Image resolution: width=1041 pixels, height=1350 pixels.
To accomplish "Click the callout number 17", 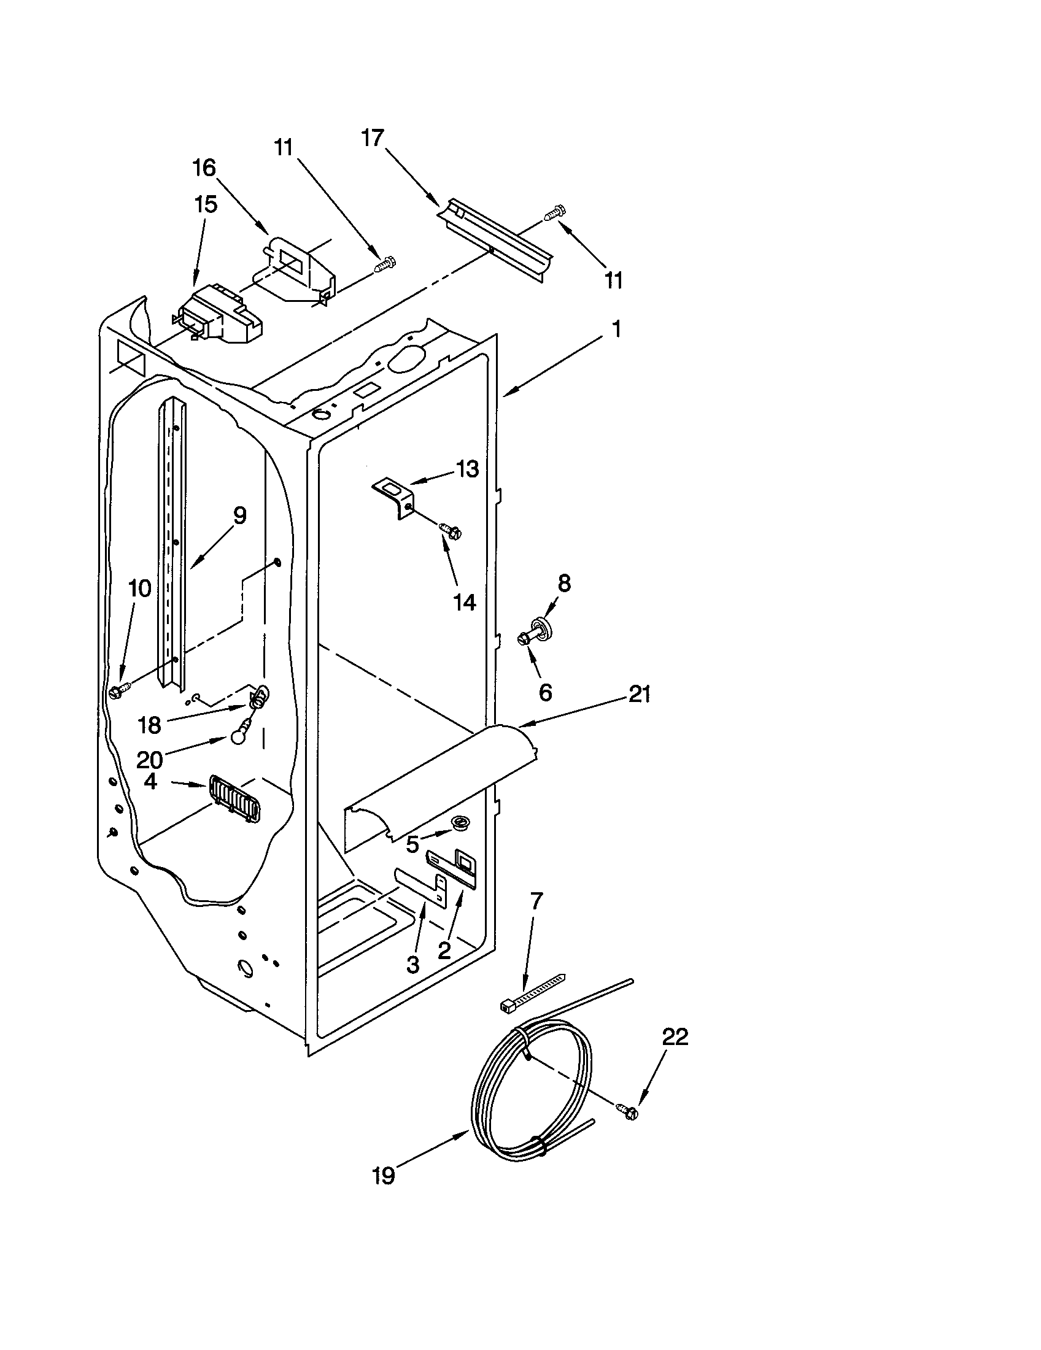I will [x=373, y=139].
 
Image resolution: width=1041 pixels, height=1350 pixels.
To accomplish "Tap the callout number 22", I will [x=675, y=1036].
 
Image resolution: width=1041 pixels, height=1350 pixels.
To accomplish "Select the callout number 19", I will [x=383, y=1175].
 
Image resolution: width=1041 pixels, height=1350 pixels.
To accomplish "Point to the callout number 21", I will [x=639, y=695].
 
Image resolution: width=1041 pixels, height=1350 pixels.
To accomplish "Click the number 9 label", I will [x=239, y=515].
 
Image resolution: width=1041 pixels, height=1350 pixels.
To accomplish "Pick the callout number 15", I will [x=206, y=204].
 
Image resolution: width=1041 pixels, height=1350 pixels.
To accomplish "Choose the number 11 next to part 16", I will [x=284, y=148].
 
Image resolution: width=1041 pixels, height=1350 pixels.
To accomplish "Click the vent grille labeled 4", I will [x=234, y=798].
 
